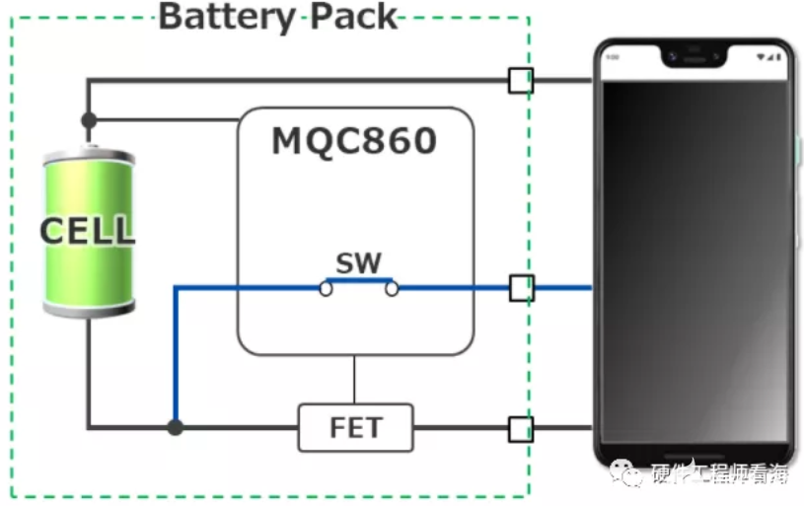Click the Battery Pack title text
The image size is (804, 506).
[278, 17]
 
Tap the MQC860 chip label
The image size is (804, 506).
[354, 142]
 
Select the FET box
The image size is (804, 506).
[355, 429]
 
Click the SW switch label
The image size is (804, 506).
[358, 263]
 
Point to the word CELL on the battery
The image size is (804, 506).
[88, 232]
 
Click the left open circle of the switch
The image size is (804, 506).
[325, 288]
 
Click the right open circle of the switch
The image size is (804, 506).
[392, 288]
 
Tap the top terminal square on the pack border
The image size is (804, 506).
[520, 80]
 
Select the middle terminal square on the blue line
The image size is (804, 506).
[521, 288]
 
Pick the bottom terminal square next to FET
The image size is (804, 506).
[520, 429]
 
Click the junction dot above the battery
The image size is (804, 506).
[89, 120]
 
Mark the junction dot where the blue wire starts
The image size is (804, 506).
[175, 428]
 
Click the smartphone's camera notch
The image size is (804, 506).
[694, 56]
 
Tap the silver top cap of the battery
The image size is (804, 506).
[89, 156]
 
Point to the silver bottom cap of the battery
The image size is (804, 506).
[89, 310]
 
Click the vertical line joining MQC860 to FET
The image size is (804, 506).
[354, 380]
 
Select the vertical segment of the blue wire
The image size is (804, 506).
[175, 355]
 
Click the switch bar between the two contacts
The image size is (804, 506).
[358, 281]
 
